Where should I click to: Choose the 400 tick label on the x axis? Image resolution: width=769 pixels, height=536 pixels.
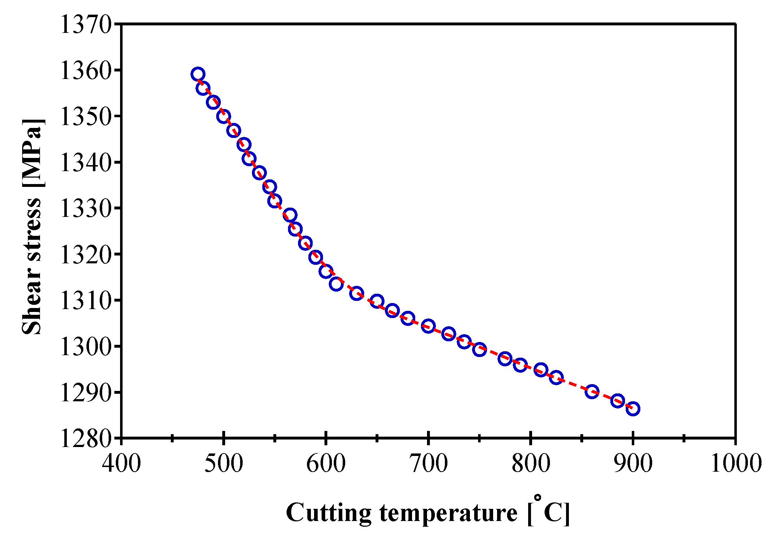tap(121, 463)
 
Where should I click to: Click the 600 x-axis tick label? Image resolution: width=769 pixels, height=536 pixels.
tap(326, 463)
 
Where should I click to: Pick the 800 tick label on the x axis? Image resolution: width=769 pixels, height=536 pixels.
tap(531, 463)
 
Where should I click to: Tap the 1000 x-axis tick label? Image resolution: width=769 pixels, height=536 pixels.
tap(735, 463)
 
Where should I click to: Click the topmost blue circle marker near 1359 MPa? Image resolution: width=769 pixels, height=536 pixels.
tap(198, 74)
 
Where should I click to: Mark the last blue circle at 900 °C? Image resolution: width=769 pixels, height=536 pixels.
tap(633, 409)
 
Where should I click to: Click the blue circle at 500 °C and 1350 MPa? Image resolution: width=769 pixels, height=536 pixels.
tap(223, 116)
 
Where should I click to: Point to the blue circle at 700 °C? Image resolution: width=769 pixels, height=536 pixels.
tap(428, 326)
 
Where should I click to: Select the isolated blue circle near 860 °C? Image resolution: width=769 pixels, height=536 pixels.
tap(592, 391)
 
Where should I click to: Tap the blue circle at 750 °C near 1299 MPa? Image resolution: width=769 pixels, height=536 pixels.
tap(480, 349)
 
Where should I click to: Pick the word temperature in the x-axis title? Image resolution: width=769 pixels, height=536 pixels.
tap(448, 513)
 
